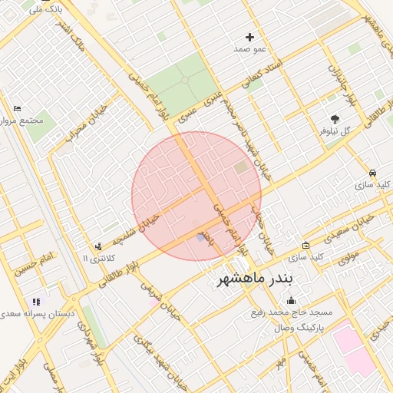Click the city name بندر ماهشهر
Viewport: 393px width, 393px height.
tap(255, 277)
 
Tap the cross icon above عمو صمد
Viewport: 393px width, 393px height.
tap(249, 37)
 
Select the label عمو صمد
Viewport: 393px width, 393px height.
tap(250, 49)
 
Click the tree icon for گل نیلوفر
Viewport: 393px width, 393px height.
tap(335, 118)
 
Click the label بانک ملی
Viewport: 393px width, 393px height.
tap(47, 8)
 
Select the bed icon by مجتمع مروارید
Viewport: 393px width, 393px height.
tap(18, 108)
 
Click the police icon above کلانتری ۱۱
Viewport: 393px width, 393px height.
tap(98, 246)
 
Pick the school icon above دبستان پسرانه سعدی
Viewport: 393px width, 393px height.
tap(36, 302)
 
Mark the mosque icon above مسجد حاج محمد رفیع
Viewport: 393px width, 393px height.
tap(290, 301)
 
